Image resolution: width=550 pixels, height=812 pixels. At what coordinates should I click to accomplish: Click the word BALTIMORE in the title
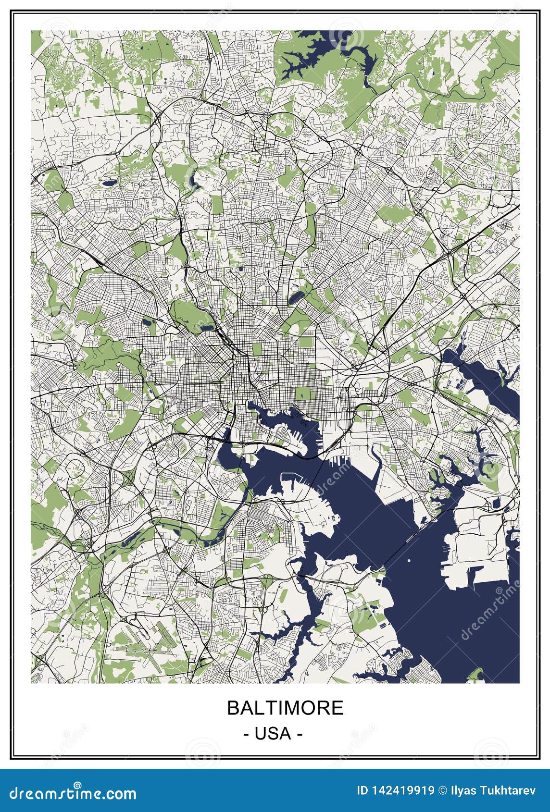[285, 708]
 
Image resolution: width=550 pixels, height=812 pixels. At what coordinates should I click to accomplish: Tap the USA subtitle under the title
[273, 733]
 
